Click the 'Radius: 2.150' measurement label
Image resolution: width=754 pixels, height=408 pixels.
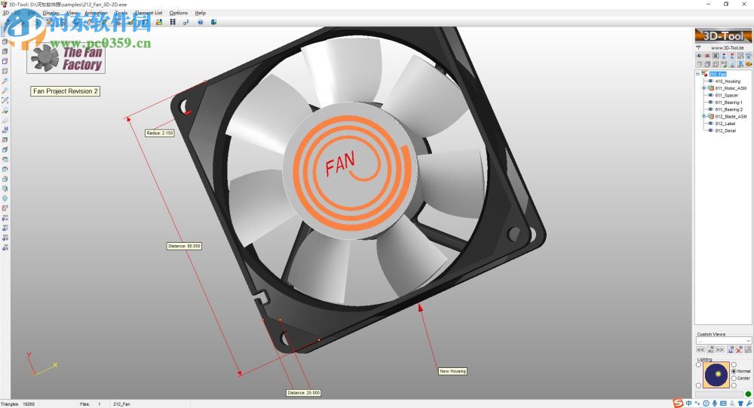tap(160, 133)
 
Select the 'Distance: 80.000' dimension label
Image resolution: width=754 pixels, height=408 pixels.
tap(184, 246)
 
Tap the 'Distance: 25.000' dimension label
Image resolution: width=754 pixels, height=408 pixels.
tap(303, 392)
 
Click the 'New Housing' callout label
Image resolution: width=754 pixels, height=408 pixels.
tap(452, 371)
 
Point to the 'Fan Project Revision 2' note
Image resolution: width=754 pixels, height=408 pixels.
tap(66, 91)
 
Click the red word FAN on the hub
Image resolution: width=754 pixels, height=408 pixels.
tap(340, 164)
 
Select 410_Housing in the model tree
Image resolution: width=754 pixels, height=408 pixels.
tap(728, 81)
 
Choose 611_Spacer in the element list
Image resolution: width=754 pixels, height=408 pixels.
tap(726, 96)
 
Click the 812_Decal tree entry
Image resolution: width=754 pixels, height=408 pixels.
tap(725, 130)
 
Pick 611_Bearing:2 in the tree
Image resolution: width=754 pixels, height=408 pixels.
tap(728, 110)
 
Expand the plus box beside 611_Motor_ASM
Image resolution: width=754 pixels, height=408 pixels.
tap(703, 88)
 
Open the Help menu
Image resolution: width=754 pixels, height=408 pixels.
tap(200, 13)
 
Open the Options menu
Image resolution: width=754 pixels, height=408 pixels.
tap(179, 13)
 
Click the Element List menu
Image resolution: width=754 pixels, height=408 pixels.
tap(148, 13)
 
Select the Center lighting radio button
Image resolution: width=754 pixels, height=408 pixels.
tap(734, 378)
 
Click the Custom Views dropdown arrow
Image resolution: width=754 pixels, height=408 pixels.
tap(747, 341)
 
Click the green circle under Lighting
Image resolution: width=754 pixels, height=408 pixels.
tap(747, 393)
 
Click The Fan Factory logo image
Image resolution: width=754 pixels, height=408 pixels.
tap(66, 58)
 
